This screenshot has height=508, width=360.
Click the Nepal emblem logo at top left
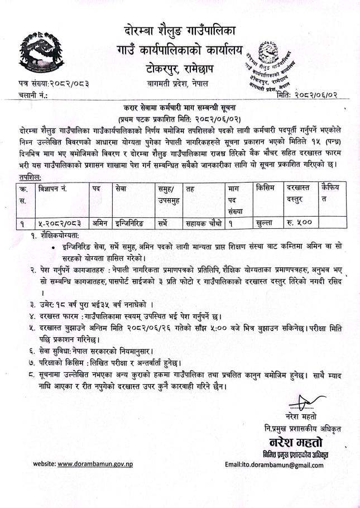click(39, 51)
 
